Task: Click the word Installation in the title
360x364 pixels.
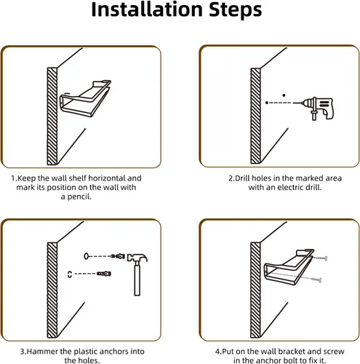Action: (147, 9)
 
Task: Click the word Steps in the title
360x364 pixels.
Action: (235, 10)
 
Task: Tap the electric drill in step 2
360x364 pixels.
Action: (315, 108)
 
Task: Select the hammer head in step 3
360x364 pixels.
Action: (137, 257)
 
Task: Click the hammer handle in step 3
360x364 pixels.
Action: (137, 279)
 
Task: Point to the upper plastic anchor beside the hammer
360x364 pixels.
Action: (119, 256)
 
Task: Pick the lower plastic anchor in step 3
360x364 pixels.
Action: (104, 274)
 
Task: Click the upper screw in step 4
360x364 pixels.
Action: (320, 258)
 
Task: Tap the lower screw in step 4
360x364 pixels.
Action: (316, 280)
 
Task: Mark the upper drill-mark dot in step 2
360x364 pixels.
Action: (284, 95)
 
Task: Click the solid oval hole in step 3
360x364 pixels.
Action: (87, 256)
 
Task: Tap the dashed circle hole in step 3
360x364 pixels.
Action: (70, 274)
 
